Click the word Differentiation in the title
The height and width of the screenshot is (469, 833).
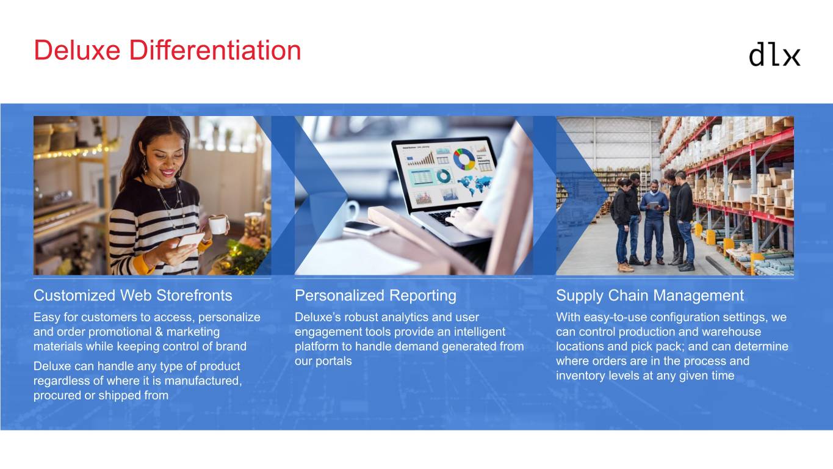point(215,50)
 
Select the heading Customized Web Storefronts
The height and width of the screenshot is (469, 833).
point(133,296)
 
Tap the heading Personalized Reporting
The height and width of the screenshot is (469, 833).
point(375,296)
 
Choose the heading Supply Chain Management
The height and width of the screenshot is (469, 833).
point(650,296)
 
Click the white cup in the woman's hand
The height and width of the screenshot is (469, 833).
point(217,224)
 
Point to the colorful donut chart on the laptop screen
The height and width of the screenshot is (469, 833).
point(464,159)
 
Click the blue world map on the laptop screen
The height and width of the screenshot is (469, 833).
point(475,184)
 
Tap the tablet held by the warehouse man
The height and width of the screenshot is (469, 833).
point(654,205)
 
